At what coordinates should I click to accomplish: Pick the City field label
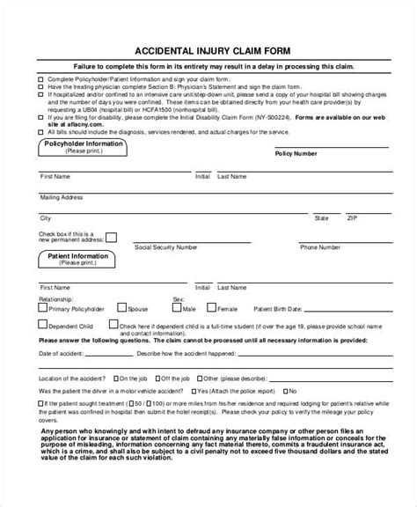coord(46,217)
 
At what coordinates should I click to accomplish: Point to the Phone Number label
coord(319,247)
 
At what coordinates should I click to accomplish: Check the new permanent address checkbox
coord(110,239)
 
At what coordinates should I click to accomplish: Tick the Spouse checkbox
coord(123,310)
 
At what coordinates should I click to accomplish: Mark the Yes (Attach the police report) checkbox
coord(194,389)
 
